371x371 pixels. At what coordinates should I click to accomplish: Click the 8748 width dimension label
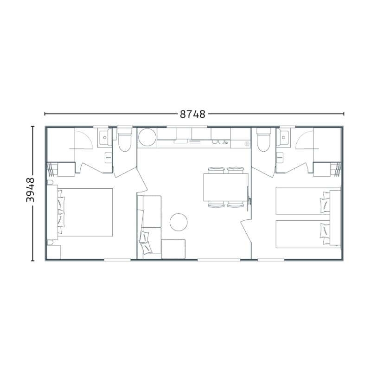[192, 114]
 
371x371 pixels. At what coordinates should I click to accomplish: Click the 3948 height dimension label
[30, 190]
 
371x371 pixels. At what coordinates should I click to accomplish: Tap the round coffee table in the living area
[179, 222]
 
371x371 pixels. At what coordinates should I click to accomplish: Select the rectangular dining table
[226, 187]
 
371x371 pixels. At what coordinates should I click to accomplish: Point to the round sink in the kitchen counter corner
[147, 137]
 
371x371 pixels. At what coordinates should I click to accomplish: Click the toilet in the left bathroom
[125, 140]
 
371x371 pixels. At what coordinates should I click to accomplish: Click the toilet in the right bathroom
[263, 140]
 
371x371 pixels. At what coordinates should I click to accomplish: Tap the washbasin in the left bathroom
[105, 137]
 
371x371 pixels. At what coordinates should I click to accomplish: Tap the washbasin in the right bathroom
[283, 137]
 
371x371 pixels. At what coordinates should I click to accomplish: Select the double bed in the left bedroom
[85, 212]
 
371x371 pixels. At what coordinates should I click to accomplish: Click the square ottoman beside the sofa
[173, 249]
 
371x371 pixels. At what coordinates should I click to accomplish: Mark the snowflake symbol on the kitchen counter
[247, 144]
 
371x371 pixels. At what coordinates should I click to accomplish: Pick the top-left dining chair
[216, 170]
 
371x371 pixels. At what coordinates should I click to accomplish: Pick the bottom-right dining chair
[236, 205]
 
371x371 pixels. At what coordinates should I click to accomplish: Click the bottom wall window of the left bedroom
[117, 260]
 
